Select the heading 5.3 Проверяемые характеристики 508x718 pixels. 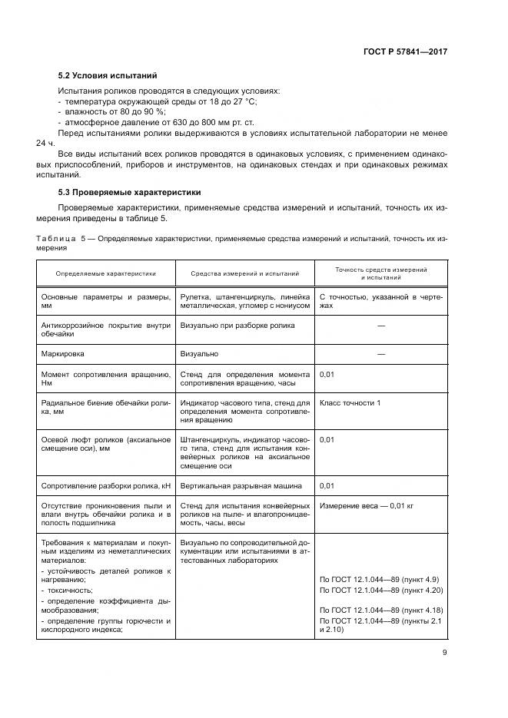tap(130, 192)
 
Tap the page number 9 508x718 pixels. tap(444, 653)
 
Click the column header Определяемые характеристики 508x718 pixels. tap(105, 273)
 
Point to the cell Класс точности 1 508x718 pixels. tap(349, 402)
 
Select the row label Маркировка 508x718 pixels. tap(62, 354)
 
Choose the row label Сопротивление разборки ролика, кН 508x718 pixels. tap(105, 486)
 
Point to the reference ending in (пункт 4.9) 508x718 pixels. tap(380, 578)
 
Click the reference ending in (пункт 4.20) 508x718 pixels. tap(381, 589)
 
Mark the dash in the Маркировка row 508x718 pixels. tap(380, 354)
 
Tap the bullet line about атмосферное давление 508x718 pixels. tap(131, 122)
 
